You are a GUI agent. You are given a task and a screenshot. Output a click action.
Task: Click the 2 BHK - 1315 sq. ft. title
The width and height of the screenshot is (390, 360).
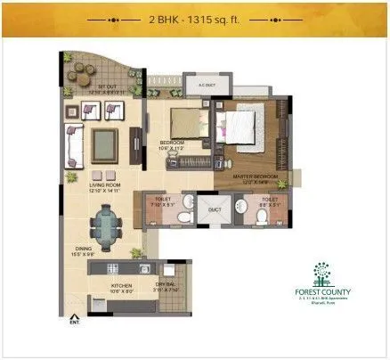(195, 18)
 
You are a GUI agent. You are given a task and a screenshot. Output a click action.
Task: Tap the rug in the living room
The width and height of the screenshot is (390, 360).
(105, 141)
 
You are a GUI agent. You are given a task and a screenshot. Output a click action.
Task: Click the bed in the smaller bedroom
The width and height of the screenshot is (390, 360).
(183, 120)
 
